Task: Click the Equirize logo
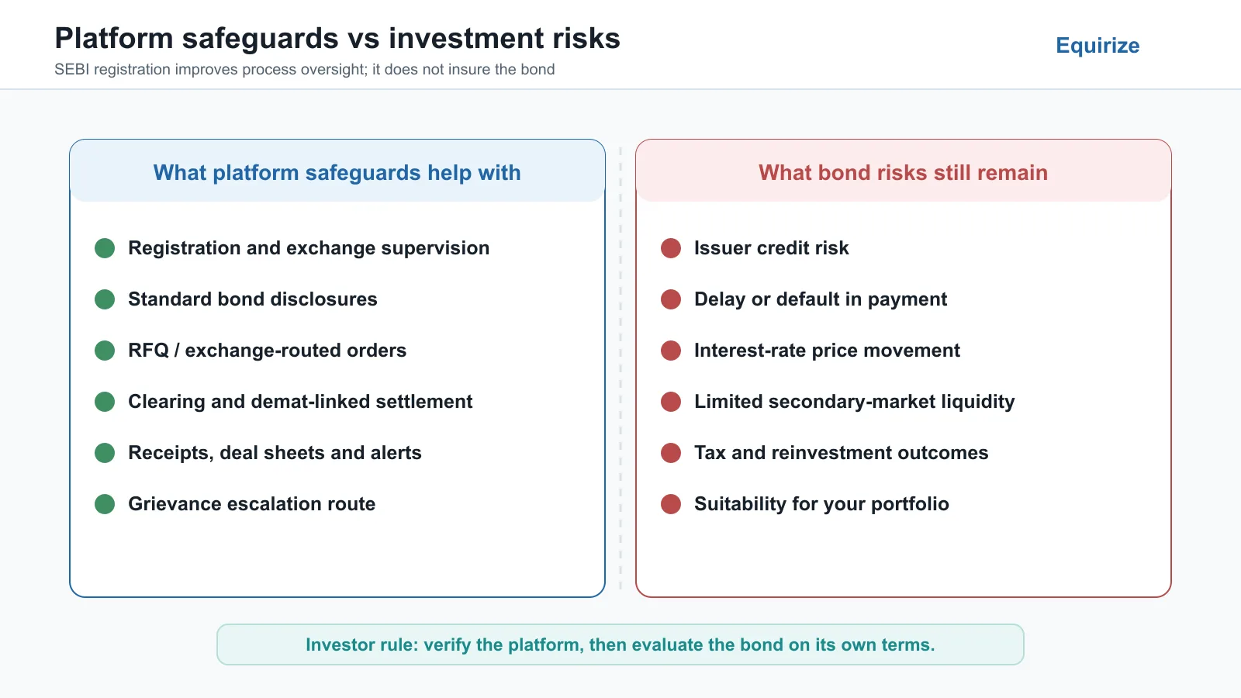click(x=1098, y=46)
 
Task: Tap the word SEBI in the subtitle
click(x=71, y=69)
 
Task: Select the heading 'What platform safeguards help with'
click(x=337, y=173)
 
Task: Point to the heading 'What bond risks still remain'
click(x=903, y=173)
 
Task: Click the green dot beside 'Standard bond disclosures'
click(x=105, y=299)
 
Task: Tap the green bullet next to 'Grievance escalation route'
click(x=105, y=504)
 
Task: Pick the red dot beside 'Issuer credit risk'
click(x=671, y=248)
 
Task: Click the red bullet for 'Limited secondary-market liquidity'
click(x=671, y=402)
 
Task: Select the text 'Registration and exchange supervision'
click(x=309, y=248)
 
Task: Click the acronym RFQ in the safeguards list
click(x=148, y=351)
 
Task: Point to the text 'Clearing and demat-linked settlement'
click(x=300, y=402)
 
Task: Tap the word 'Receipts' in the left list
click(x=170, y=453)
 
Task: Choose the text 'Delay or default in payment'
click(x=821, y=299)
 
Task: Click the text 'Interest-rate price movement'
click(x=827, y=351)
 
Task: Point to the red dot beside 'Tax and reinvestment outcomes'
click(x=671, y=453)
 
